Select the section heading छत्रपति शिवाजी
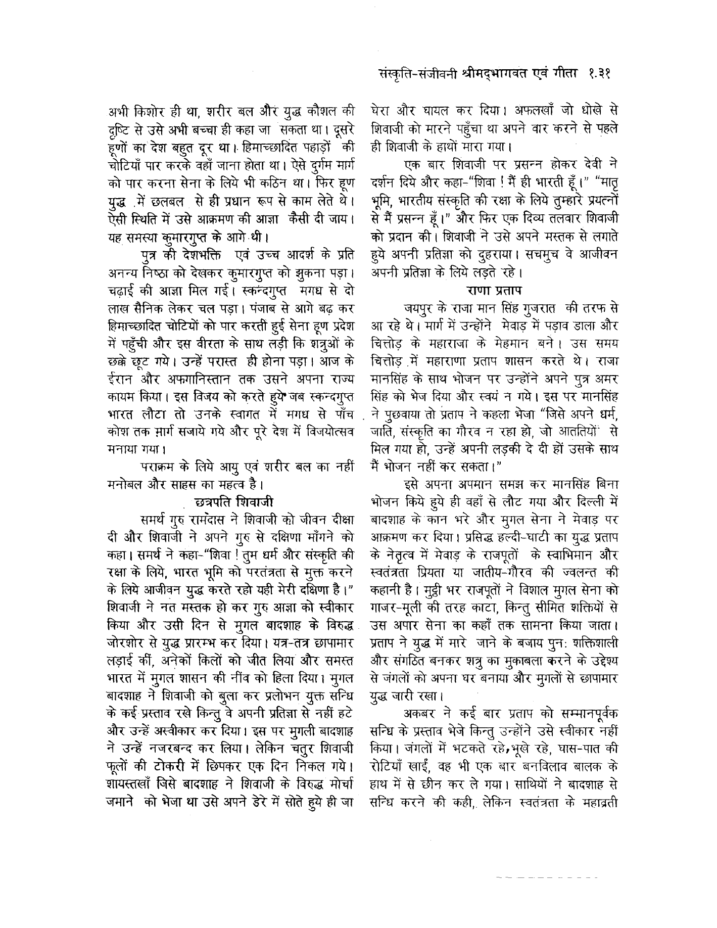[234, 501]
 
